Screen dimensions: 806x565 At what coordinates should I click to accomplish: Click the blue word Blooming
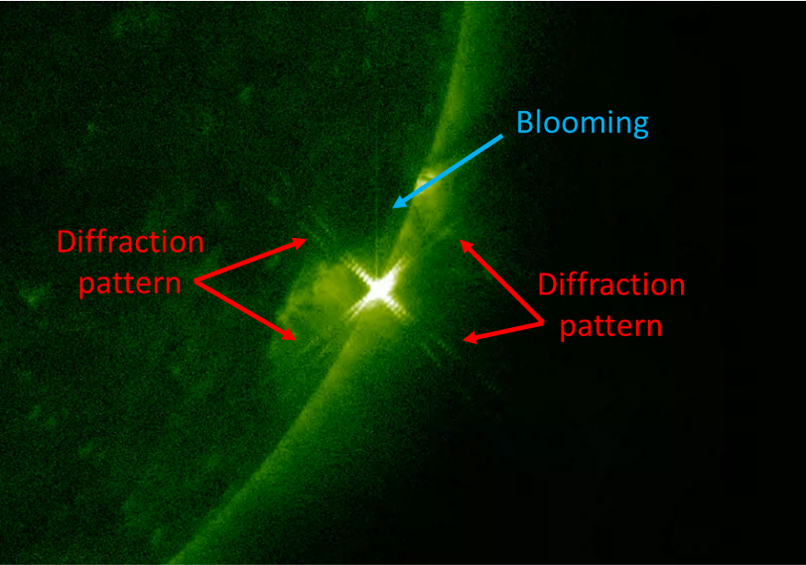coord(583,123)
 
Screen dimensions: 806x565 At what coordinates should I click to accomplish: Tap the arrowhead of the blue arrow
coord(397,204)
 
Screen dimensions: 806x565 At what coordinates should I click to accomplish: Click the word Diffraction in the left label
coord(131,242)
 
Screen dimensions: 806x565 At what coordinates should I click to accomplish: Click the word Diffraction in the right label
coord(612,285)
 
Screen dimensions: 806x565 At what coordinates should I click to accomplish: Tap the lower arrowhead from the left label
coord(289,334)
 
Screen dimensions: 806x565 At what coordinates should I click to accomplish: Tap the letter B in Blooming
coord(525,122)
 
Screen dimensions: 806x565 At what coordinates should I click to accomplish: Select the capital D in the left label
coord(67,242)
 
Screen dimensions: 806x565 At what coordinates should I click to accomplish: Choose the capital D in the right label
coord(548,285)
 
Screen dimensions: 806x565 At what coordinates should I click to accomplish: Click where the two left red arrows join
coord(196,281)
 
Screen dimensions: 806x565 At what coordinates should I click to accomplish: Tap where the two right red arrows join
coord(543,322)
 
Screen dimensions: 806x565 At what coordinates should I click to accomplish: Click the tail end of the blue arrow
coord(502,136)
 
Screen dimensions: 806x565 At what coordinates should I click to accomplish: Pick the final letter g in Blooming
coord(641,127)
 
